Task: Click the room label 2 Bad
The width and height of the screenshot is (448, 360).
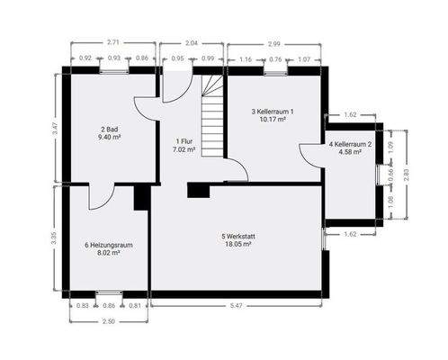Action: pyautogui.click(x=111, y=130)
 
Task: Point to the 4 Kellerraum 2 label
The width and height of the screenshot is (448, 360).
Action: pyautogui.click(x=345, y=144)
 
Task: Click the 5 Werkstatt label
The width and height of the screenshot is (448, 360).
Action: pyautogui.click(x=237, y=237)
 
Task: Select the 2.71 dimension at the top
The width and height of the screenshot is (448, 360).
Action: pyautogui.click(x=113, y=42)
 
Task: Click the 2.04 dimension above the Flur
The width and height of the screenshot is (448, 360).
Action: pyautogui.click(x=191, y=42)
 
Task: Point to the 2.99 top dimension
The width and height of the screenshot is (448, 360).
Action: pyautogui.click(x=273, y=42)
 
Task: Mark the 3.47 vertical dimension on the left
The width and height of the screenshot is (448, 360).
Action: pyautogui.click(x=55, y=128)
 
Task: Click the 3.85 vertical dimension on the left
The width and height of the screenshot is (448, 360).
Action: pyautogui.click(x=55, y=238)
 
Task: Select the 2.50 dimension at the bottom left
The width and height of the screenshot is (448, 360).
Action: pyautogui.click(x=108, y=321)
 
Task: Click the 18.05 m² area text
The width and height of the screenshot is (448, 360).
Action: pyautogui.click(x=237, y=243)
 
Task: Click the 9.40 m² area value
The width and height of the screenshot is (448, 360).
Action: pyautogui.click(x=111, y=137)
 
